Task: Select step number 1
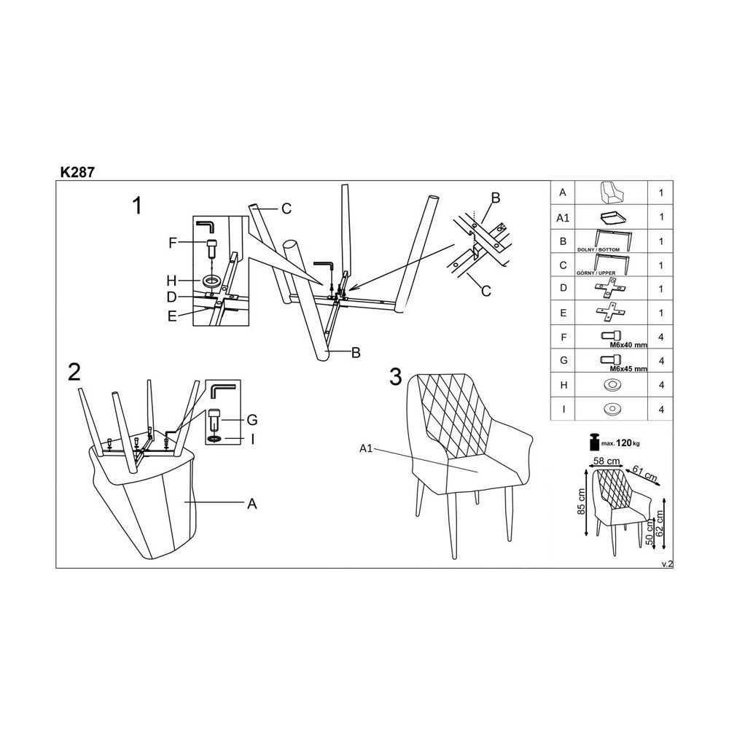point(137,206)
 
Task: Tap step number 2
point(74,373)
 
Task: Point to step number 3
point(396,377)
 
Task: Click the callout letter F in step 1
point(173,243)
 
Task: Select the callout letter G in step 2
point(252,419)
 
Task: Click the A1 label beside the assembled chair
point(367,448)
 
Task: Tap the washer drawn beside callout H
point(212,281)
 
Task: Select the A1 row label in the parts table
point(561,217)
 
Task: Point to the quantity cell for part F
point(660,337)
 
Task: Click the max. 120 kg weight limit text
point(623,443)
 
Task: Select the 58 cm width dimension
point(607,461)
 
